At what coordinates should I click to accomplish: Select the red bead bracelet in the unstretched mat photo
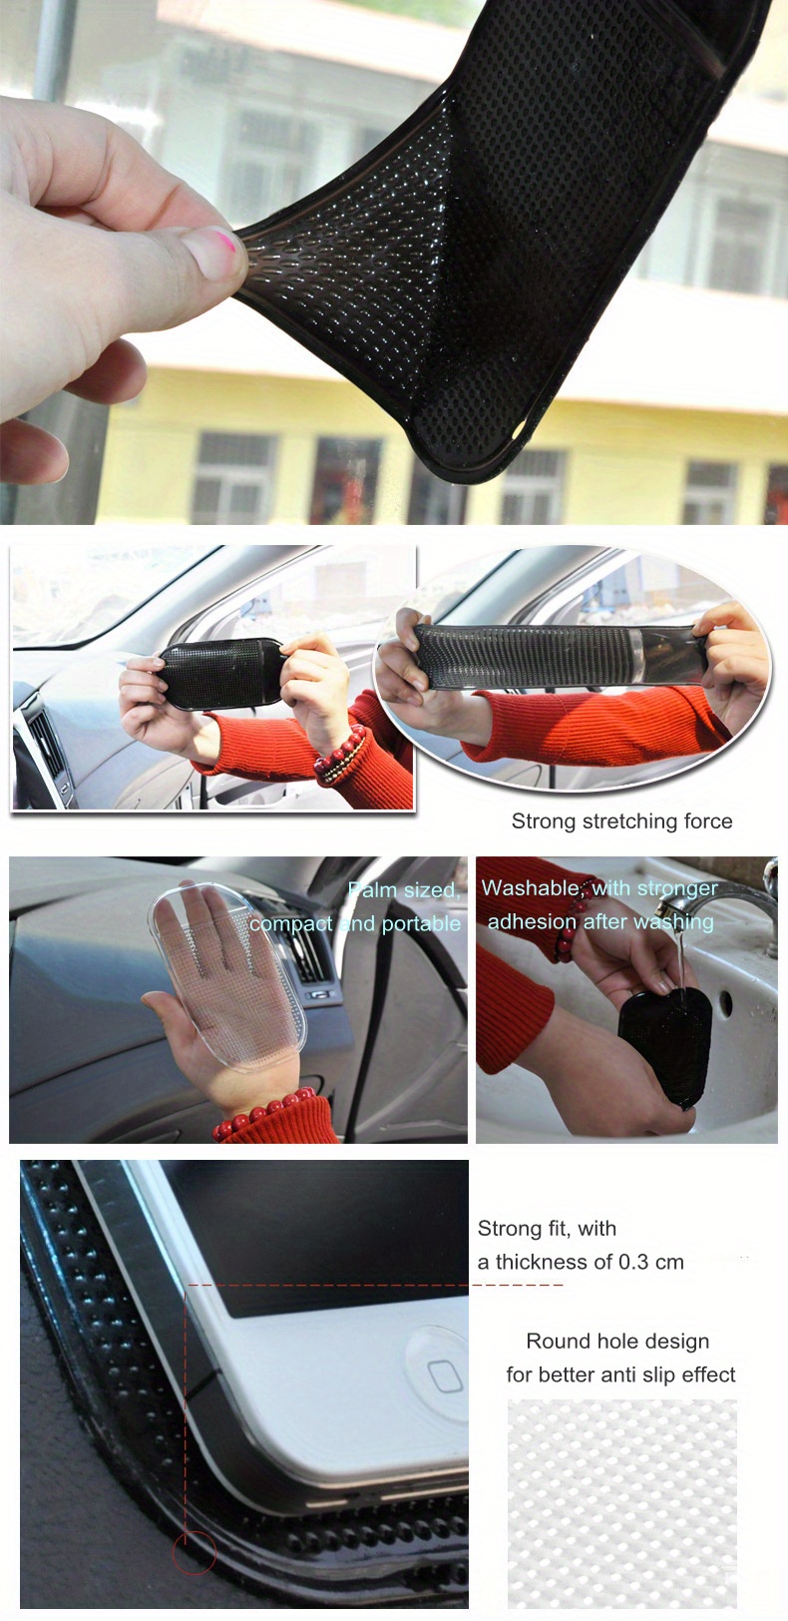coord(341,757)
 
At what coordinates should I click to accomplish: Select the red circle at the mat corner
coord(194,1551)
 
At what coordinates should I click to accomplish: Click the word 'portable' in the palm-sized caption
coord(421,924)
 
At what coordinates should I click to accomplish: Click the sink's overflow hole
coord(726,1001)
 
